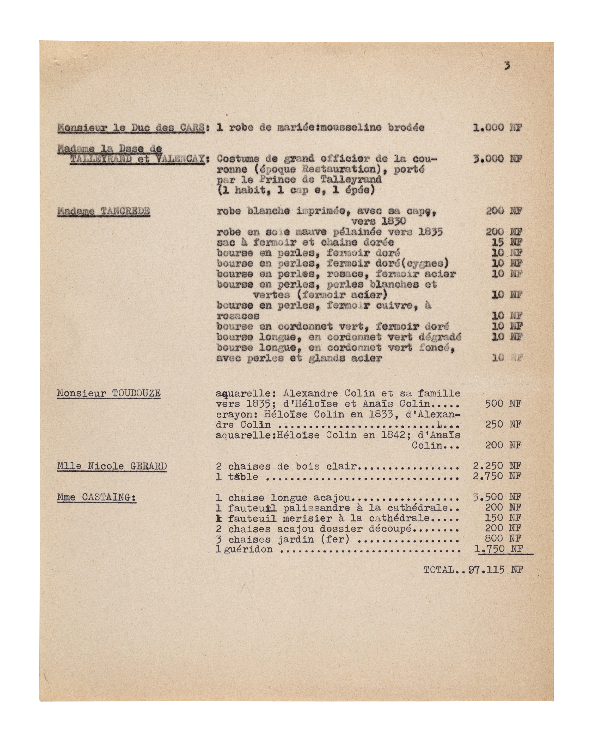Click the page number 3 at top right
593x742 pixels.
pos(507,66)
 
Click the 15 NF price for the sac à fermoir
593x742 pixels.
pos(507,242)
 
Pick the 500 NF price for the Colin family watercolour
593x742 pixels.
pos(503,404)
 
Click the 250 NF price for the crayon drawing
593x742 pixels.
pos(503,424)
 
